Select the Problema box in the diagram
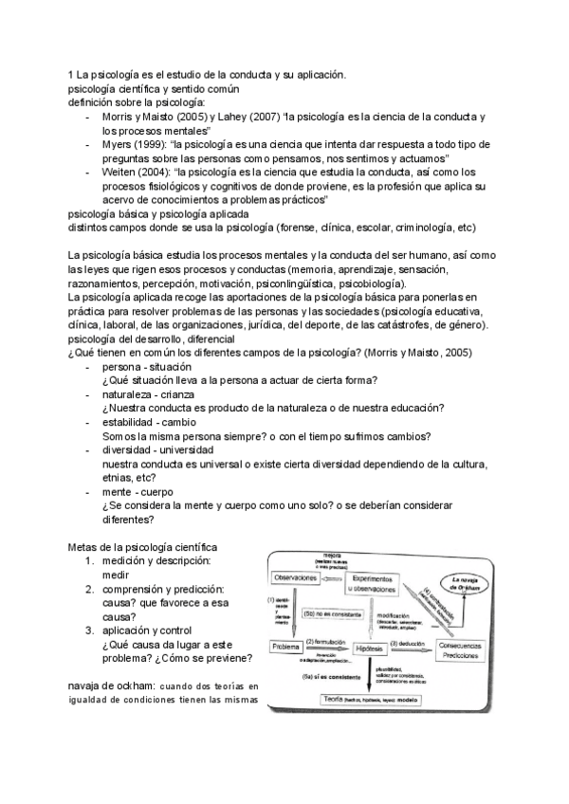tap(286, 647)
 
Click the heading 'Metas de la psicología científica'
tap(143, 547)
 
